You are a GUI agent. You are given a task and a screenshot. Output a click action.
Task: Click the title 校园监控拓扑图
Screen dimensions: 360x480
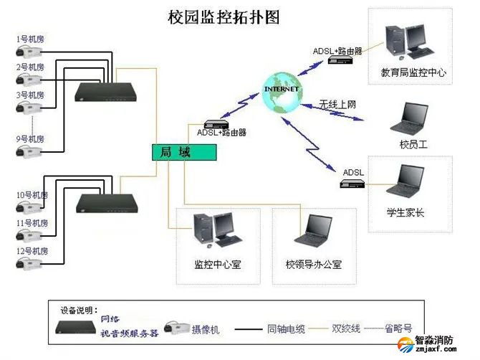(x=223, y=15)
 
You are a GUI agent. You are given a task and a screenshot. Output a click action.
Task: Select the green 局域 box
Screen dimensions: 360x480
(x=183, y=152)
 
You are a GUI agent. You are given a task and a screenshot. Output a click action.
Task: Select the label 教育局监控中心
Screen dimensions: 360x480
(x=413, y=73)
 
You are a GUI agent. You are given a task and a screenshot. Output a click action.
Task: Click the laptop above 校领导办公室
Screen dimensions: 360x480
(x=312, y=232)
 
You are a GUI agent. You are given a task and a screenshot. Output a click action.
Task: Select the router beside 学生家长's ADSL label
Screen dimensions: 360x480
(x=354, y=184)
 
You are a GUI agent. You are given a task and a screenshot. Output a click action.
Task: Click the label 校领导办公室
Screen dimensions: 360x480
(x=313, y=265)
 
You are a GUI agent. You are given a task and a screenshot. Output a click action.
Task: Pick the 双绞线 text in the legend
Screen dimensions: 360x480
(x=345, y=329)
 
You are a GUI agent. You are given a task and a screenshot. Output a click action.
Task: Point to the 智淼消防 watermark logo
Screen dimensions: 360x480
(x=436, y=344)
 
